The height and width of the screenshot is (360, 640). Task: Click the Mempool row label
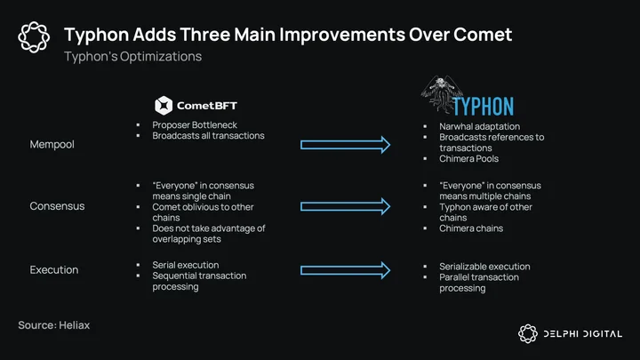click(x=52, y=144)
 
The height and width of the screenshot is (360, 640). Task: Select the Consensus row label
click(x=57, y=205)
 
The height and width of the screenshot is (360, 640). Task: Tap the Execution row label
click(x=54, y=270)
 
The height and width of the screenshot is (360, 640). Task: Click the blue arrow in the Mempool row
click(x=345, y=145)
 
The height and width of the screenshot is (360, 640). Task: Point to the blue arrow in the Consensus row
click(x=345, y=206)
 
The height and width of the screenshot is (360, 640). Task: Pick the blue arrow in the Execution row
click(x=345, y=270)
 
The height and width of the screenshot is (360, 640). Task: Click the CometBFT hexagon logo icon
click(x=164, y=105)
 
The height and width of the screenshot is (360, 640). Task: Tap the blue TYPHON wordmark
click(x=484, y=107)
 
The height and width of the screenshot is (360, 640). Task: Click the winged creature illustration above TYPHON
click(x=441, y=93)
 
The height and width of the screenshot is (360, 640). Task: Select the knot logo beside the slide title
click(x=34, y=37)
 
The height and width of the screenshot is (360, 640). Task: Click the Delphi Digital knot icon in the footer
click(x=528, y=334)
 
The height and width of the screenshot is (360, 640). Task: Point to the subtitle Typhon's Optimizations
click(x=132, y=56)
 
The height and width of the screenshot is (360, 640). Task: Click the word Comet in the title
click(x=483, y=35)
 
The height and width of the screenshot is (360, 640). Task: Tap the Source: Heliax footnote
click(x=54, y=325)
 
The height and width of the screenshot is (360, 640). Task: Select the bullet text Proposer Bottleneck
click(x=195, y=125)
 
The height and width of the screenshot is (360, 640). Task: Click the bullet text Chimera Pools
click(x=469, y=158)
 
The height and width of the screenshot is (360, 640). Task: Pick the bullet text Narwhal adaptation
click(x=480, y=126)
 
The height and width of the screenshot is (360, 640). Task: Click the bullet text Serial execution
click(x=186, y=265)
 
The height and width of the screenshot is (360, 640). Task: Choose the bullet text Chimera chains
click(x=471, y=228)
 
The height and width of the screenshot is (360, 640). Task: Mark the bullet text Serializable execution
click(x=485, y=267)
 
